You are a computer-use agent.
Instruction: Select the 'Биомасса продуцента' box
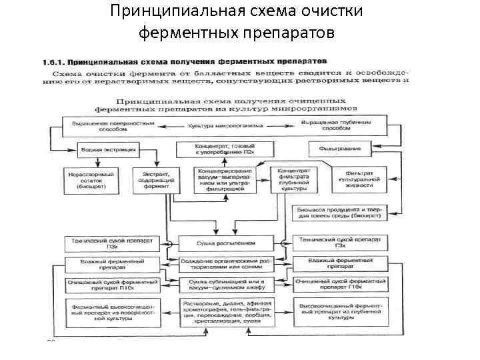tap(339, 213)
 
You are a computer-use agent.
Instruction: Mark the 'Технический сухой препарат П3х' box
tap(111, 242)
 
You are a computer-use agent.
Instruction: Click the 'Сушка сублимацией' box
tap(226, 285)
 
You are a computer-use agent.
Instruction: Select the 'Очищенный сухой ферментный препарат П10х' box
tap(111, 285)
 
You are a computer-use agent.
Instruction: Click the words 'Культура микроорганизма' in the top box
tap(227, 126)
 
